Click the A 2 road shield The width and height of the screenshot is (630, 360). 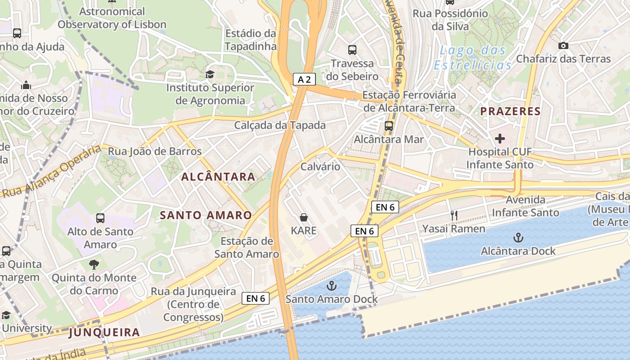click(304, 80)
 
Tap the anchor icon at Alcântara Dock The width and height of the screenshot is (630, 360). click(518, 237)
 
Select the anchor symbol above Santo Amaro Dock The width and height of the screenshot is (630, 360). click(331, 285)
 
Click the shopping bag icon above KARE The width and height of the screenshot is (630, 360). click(304, 217)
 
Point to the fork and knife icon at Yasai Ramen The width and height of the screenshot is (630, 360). click(454, 216)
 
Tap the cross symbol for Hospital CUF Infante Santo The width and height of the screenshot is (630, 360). click(499, 138)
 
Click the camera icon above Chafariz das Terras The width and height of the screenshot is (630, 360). click(563, 45)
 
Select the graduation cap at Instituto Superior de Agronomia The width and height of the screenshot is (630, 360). click(210, 74)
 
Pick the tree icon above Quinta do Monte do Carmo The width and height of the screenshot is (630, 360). click(94, 264)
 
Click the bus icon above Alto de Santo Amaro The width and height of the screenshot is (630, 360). click(100, 218)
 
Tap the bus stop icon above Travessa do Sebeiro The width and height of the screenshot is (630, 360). click(352, 50)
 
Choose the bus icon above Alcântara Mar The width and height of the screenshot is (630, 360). click(389, 126)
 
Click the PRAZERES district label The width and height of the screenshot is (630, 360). click(510, 111)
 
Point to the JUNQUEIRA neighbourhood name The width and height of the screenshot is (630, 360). click(104, 333)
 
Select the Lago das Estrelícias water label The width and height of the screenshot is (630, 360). click(473, 57)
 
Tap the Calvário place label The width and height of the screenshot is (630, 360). click(320, 166)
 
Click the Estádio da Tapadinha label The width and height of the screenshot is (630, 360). click(250, 40)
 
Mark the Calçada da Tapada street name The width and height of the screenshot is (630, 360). click(280, 125)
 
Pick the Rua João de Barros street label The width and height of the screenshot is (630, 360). click(155, 151)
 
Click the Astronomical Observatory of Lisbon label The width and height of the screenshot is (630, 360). click(112, 18)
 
